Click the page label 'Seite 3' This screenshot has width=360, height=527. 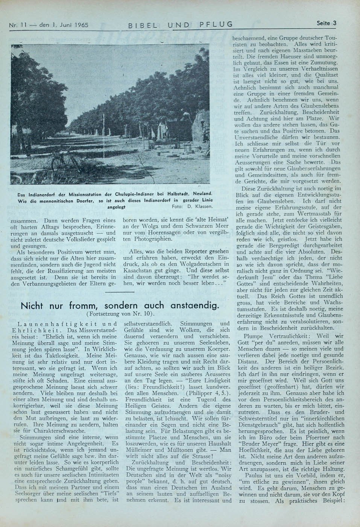point(326,23)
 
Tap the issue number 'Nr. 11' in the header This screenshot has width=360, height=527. point(17,26)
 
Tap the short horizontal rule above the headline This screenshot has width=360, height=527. point(120,291)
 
